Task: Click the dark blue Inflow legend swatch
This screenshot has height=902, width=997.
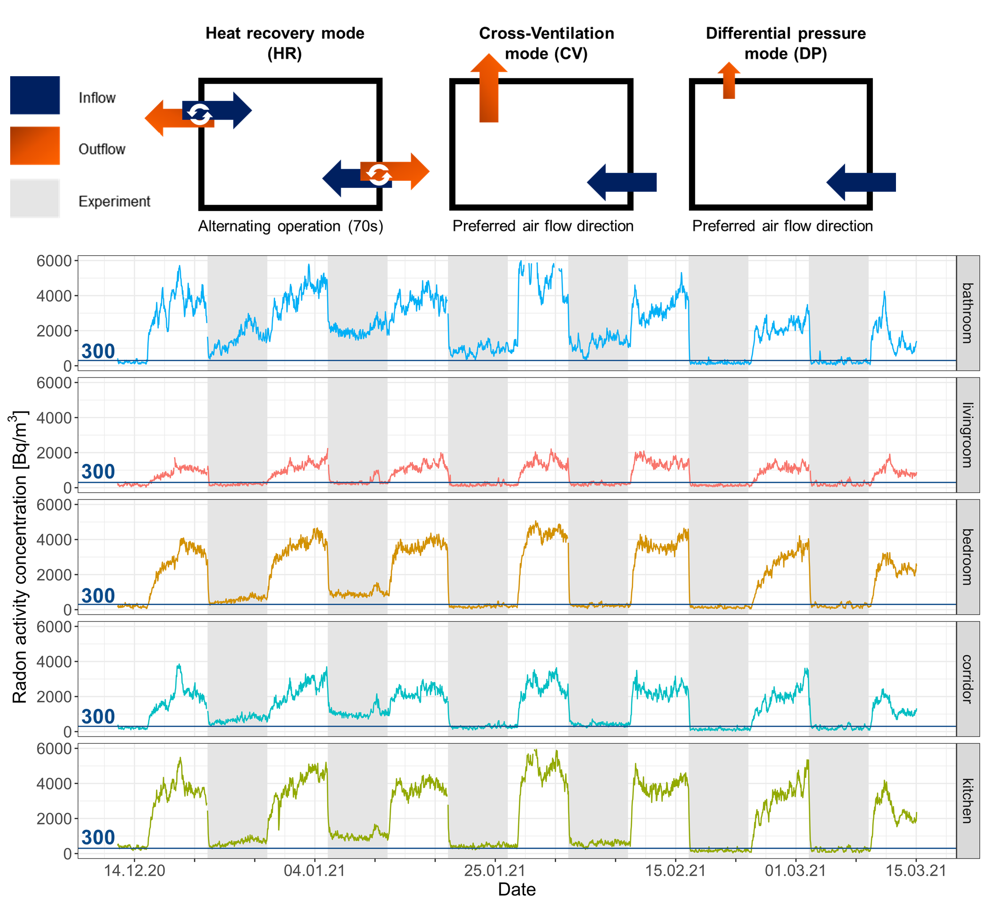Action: click(35, 95)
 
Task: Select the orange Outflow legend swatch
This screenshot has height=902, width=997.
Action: click(35, 146)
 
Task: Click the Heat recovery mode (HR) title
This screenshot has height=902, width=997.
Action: click(285, 43)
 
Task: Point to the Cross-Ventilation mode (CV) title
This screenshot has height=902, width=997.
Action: click(546, 43)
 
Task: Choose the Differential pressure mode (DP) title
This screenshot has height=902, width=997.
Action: click(786, 43)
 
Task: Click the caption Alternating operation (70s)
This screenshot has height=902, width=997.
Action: click(291, 226)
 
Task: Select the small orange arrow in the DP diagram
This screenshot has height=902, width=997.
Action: click(729, 81)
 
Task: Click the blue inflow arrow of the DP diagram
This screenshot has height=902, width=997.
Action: click(861, 183)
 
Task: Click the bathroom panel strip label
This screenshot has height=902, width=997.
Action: click(967, 313)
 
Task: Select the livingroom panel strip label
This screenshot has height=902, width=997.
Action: click(967, 435)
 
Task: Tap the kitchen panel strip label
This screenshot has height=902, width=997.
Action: click(967, 801)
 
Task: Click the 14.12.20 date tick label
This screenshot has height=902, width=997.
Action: click(135, 871)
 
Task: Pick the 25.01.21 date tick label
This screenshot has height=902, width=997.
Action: click(495, 871)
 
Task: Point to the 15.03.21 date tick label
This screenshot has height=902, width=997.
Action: click(916, 871)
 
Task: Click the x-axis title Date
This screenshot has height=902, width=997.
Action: click(517, 889)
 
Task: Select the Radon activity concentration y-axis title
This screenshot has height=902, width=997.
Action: click(19, 556)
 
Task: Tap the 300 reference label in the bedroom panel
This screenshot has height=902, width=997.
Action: click(98, 596)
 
